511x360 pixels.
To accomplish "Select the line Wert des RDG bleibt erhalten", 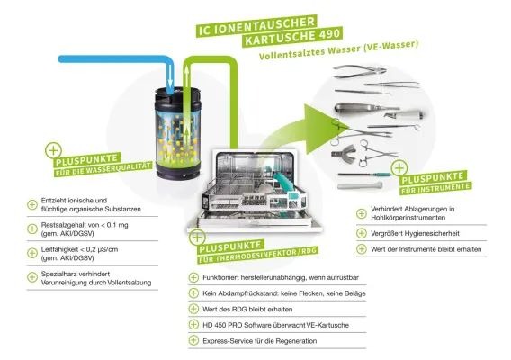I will [x=248, y=308].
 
